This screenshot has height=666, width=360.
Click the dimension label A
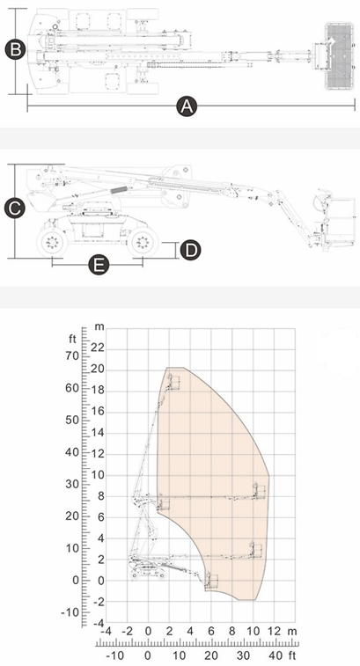187,106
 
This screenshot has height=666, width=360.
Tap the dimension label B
15,49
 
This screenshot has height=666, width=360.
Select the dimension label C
14,209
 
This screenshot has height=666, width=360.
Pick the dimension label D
190,250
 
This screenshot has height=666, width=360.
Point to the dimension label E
99,266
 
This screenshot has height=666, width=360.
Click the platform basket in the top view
339,56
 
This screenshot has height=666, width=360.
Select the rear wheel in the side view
52,243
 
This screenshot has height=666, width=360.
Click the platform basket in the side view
339,222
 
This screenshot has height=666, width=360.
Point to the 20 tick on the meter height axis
99,370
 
